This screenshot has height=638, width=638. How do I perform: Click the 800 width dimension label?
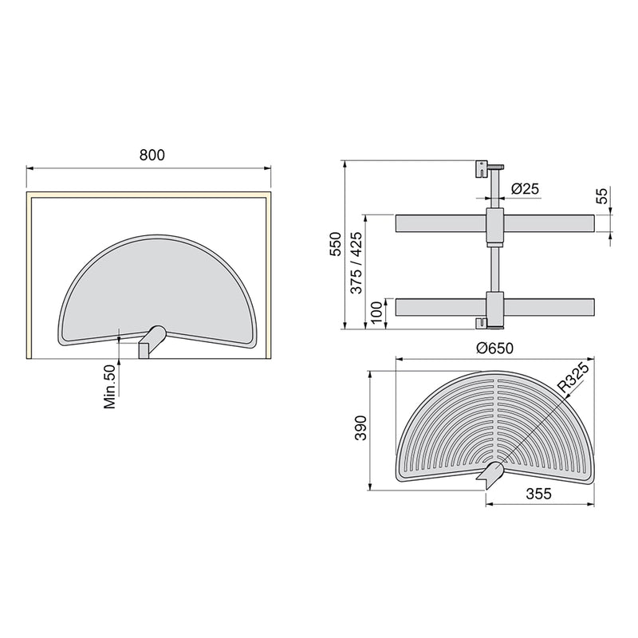[152, 156]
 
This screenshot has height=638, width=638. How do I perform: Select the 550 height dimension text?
[336, 243]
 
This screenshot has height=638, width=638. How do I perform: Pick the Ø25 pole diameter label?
[524, 189]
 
